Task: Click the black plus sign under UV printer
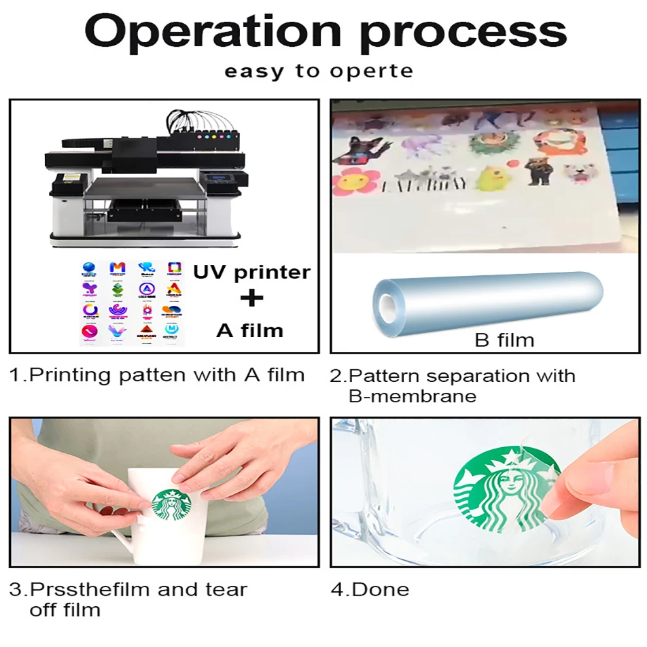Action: pyautogui.click(x=251, y=299)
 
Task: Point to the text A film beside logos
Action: pyautogui.click(x=249, y=331)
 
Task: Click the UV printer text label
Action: pyautogui.click(x=251, y=273)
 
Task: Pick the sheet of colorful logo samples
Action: pyautogui.click(x=131, y=302)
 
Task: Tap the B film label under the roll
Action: pyautogui.click(x=504, y=340)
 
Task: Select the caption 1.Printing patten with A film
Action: pyautogui.click(x=157, y=375)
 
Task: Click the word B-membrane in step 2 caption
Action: pyautogui.click(x=412, y=396)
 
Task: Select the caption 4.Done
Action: pyautogui.click(x=370, y=589)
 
